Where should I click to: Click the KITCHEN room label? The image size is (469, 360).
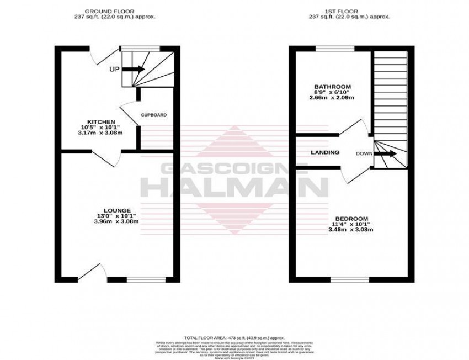coord(100,121)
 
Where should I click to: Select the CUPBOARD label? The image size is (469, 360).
coord(153,115)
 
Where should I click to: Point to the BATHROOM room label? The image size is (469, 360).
coord(333,87)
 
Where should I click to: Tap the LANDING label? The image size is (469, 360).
coord(325,152)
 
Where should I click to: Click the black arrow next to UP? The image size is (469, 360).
coord(133,69)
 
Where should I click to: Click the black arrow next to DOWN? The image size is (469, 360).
coord(385,153)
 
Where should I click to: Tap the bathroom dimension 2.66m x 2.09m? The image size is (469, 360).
coord(332,98)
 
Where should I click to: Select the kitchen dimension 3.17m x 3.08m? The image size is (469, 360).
coord(100,133)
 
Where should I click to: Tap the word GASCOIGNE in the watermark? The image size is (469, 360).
coord(234,170)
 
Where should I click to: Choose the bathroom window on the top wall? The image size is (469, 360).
coord(335,49)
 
